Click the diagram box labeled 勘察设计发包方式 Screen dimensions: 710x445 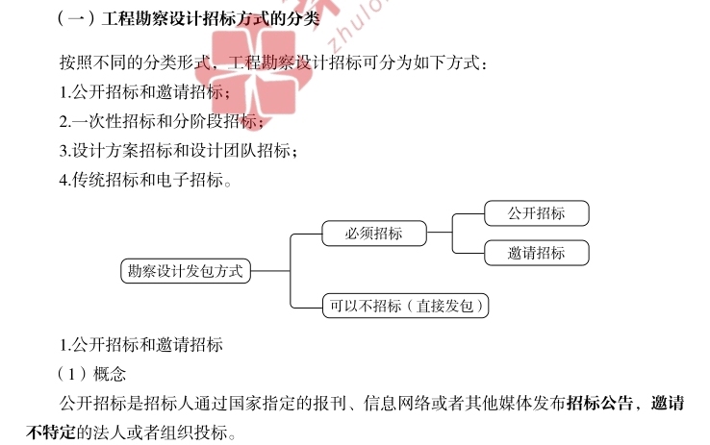coord(185,271)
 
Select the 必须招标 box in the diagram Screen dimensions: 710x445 coord(373,233)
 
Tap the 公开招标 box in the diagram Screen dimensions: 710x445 coord(536,213)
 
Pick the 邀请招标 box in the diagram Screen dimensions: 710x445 coord(536,253)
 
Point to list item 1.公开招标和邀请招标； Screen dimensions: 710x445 coord(144,92)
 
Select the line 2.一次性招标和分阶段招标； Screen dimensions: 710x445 coord(161,121)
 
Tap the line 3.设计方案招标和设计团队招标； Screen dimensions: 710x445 coord(178,150)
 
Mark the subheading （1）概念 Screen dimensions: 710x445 coord(91,373)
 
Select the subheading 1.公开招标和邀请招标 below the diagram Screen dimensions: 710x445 coord(140,344)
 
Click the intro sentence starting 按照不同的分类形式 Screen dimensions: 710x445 coord(274,63)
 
